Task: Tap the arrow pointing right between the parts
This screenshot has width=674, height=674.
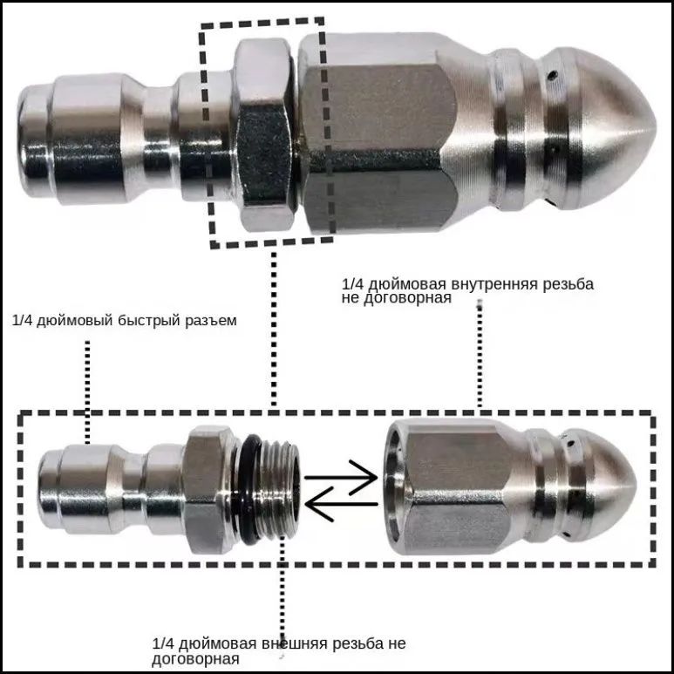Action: click(341, 477)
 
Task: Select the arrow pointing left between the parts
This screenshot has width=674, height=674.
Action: click(341, 504)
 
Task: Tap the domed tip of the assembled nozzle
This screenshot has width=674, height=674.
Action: click(615, 128)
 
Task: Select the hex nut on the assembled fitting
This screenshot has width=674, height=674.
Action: click(265, 134)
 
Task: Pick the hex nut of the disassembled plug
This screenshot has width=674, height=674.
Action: click(208, 490)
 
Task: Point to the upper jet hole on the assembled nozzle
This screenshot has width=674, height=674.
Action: click(552, 76)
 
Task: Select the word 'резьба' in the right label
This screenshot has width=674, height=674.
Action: click(568, 284)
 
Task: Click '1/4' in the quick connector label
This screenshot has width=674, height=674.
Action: click(22, 321)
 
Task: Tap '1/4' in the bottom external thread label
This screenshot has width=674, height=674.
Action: click(162, 643)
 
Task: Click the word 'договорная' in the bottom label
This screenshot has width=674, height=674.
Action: click(195, 659)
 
